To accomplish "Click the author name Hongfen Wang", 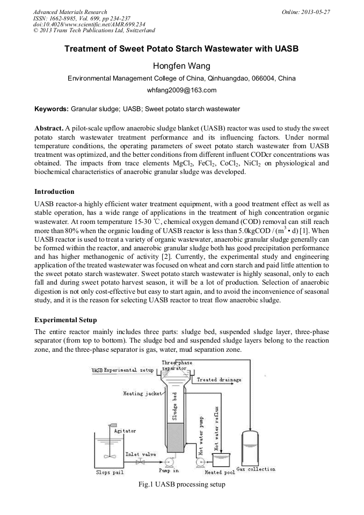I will [x=181, y=66].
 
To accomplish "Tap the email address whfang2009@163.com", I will [x=181, y=90].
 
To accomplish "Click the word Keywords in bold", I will [x=52, y=109].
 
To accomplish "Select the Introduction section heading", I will [x=54, y=192].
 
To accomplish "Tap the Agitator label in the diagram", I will [x=125, y=431].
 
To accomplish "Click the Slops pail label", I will [x=110, y=473].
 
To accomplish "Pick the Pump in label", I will [x=169, y=471].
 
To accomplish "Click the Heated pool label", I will [x=220, y=473].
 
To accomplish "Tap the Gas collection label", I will [x=256, y=469].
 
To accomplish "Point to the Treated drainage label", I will [x=219, y=380].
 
